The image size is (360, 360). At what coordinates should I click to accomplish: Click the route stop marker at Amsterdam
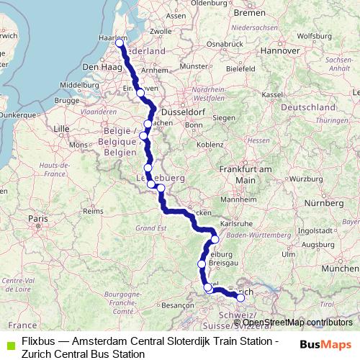(x=120, y=42)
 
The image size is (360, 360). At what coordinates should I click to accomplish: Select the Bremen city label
(x=250, y=13)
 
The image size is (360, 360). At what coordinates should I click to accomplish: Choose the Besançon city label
(x=176, y=305)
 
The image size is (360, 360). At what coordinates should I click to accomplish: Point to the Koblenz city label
(x=210, y=145)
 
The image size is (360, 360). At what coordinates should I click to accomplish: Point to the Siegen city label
(x=223, y=117)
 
